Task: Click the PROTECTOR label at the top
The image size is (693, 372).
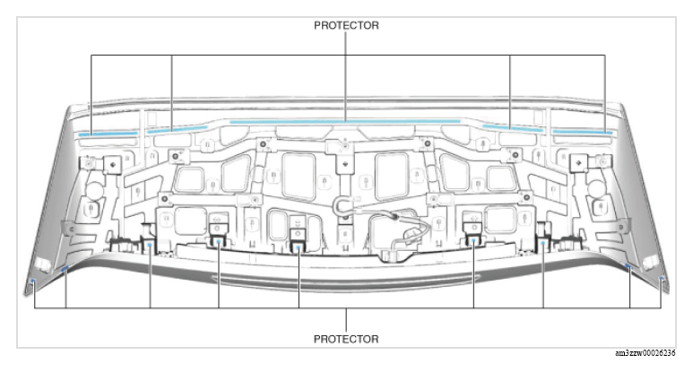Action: click(346, 26)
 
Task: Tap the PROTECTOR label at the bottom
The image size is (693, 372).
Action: click(346, 339)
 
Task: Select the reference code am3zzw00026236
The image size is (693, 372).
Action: click(645, 352)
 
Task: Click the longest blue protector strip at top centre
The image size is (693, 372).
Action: click(345, 122)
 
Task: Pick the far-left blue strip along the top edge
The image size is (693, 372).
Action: click(108, 133)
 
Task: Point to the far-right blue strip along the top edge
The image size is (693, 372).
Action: click(583, 132)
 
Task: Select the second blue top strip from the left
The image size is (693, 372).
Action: click(178, 129)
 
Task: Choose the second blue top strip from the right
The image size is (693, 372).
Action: click(513, 128)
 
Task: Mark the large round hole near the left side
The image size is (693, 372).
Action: click(93, 189)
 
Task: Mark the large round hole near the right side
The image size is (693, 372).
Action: click(595, 189)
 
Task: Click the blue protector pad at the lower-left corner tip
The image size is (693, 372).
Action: click(32, 281)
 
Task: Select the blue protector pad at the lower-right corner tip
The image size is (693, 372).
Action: click(662, 279)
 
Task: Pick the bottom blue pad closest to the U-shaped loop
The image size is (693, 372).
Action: click(299, 247)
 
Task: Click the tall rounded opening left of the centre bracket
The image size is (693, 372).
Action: click(299, 177)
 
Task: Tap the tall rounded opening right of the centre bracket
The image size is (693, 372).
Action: click(391, 177)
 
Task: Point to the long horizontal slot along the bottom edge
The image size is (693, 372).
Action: click(346, 279)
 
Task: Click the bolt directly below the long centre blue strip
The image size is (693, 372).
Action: click(345, 144)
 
